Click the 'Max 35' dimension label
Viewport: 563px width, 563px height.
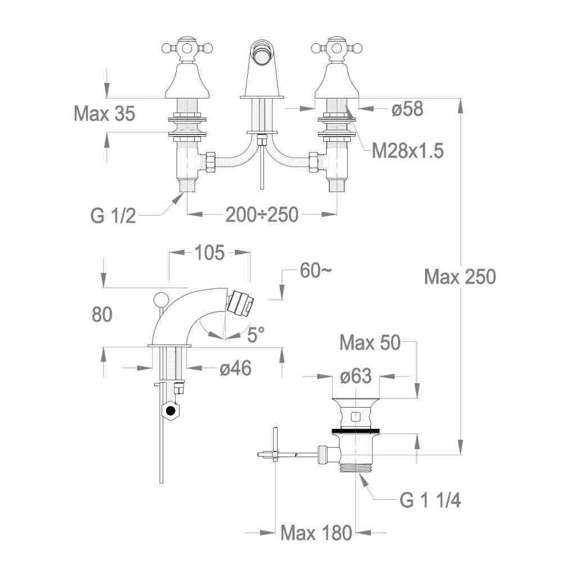[105, 114]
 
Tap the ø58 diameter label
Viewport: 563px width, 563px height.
[407, 109]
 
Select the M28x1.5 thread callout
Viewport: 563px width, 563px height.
[408, 150]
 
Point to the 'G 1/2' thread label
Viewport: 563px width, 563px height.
[113, 216]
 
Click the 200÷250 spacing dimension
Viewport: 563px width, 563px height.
[262, 215]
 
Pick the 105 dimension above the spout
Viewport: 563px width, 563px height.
[209, 252]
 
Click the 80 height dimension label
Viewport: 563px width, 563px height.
[102, 314]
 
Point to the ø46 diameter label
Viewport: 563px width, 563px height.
[235, 368]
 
